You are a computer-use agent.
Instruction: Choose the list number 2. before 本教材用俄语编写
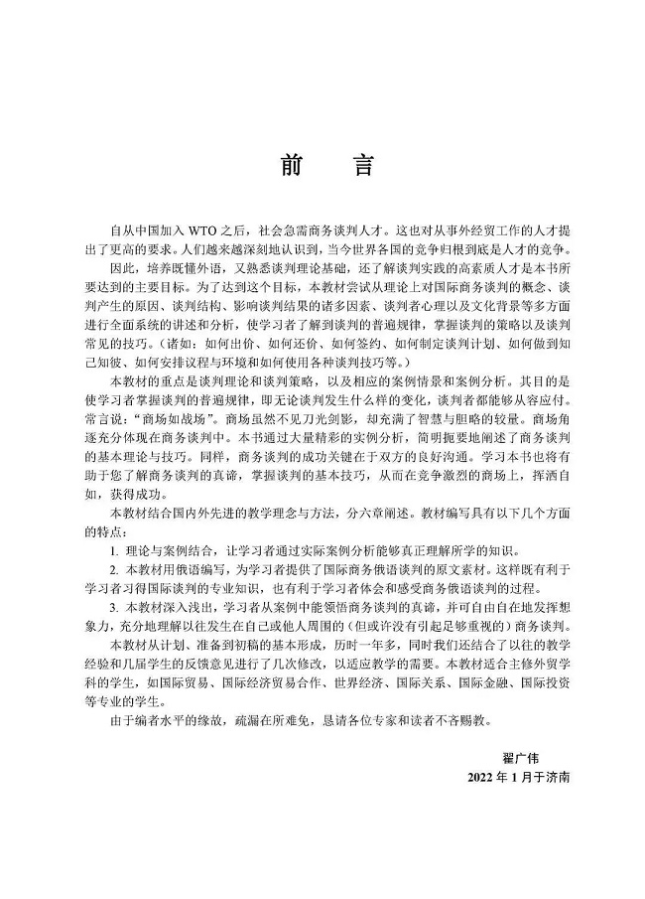[115, 568]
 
